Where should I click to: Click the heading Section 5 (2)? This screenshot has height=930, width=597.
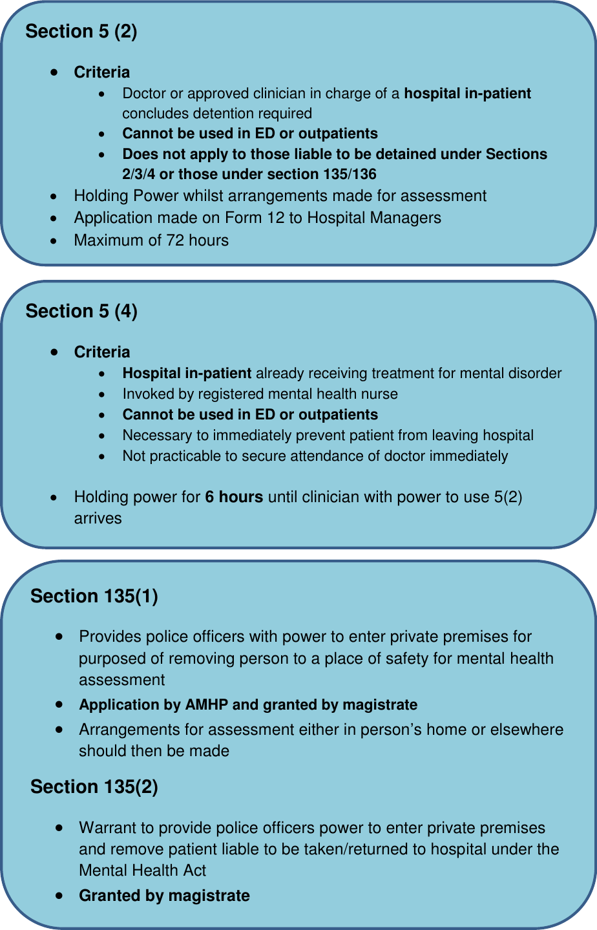pyautogui.click(x=81, y=32)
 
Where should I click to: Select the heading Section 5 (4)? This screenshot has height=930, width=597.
pyautogui.click(x=81, y=312)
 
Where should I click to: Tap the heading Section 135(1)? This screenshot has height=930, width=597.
pyautogui.click(x=94, y=596)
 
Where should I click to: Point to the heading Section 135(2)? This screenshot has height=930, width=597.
pyautogui.click(x=94, y=787)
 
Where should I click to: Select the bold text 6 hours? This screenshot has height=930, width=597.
pyautogui.click(x=234, y=497)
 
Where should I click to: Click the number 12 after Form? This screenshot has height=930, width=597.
pyautogui.click(x=275, y=218)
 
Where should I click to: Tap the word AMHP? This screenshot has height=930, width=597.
pyautogui.click(x=206, y=704)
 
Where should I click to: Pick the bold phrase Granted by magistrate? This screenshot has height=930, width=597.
pyautogui.click(x=164, y=896)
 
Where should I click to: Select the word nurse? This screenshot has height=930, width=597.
pyautogui.click(x=381, y=394)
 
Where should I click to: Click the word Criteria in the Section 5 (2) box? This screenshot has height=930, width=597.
pyautogui.click(x=102, y=72)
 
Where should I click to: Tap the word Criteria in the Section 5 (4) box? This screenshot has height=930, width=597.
pyautogui.click(x=102, y=352)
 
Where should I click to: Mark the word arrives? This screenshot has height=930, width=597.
pyautogui.click(x=98, y=518)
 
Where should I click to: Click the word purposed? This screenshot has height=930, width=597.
pyautogui.click(x=112, y=659)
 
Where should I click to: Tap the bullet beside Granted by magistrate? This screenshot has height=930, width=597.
pyautogui.click(x=59, y=896)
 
